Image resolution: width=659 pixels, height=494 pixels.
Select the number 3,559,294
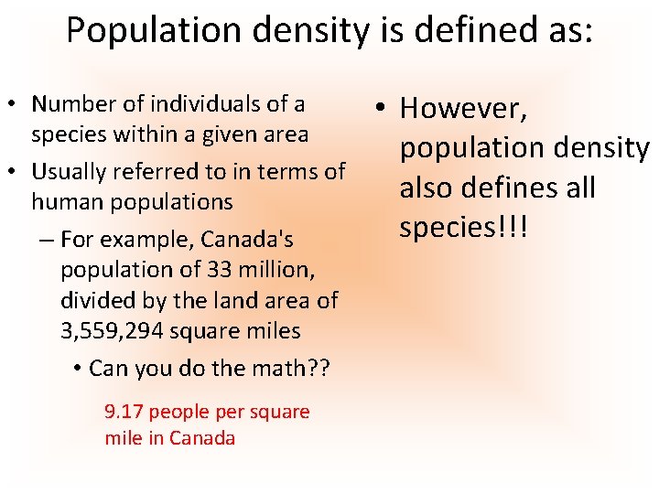pyautogui.click(x=118, y=330)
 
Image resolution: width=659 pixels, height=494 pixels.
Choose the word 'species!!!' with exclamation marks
pyautogui.click(x=464, y=227)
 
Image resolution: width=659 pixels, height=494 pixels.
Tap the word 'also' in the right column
pyautogui.click(x=427, y=188)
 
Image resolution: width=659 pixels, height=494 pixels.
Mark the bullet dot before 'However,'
pyautogui.click(x=383, y=109)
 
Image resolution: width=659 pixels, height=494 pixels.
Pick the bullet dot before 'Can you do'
pyautogui.click(x=79, y=369)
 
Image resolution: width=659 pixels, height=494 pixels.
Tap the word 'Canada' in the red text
pyautogui.click(x=203, y=438)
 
